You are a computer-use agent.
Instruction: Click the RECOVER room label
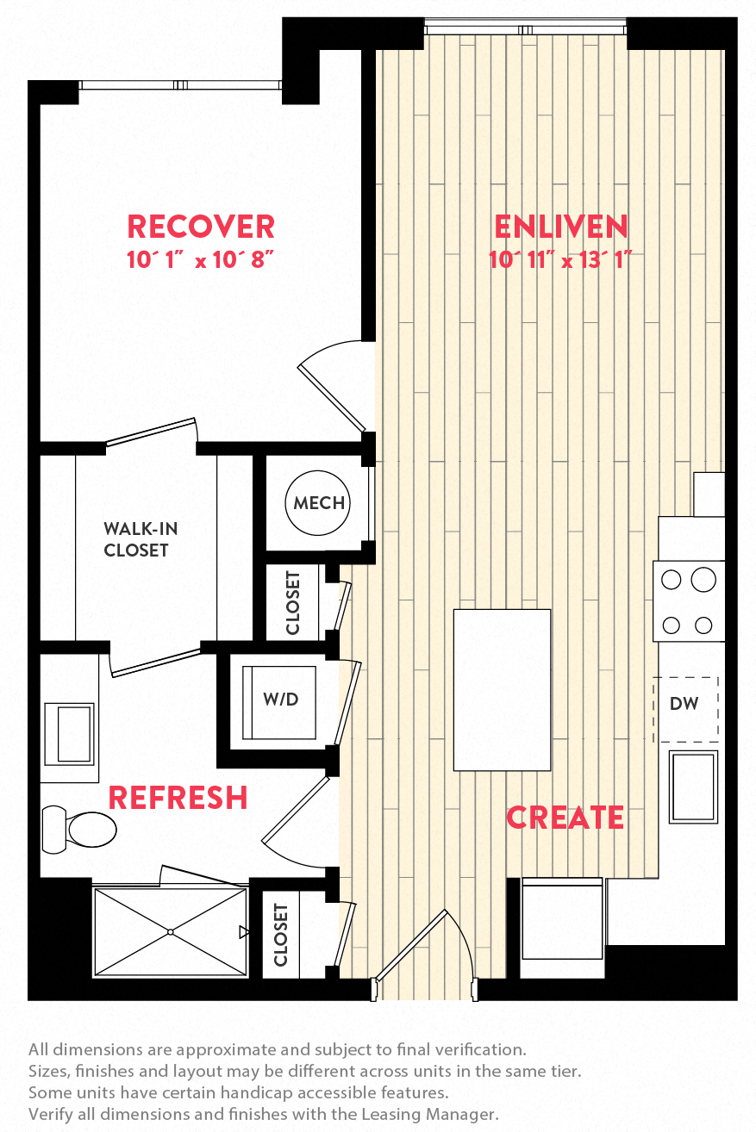point(201,227)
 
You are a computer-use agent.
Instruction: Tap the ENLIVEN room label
point(561,227)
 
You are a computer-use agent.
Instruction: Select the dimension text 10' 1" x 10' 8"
point(201,259)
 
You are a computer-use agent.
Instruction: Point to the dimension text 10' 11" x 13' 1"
point(561,259)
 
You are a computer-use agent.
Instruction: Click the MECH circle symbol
point(318,503)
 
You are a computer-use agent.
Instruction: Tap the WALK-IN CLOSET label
point(135,539)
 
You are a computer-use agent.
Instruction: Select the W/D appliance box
point(279,700)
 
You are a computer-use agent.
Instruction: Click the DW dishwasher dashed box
point(684,704)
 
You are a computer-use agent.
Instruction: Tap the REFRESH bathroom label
point(178,798)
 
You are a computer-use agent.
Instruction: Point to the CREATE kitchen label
point(565,817)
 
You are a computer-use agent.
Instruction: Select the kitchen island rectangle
point(503,689)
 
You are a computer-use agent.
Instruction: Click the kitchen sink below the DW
point(693,786)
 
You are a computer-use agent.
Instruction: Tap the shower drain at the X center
point(171,931)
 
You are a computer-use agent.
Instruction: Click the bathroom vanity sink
point(69,733)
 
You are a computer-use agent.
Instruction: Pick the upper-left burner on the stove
point(672,580)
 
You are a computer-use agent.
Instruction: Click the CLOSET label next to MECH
point(293,602)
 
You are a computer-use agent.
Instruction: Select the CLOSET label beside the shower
point(280,934)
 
